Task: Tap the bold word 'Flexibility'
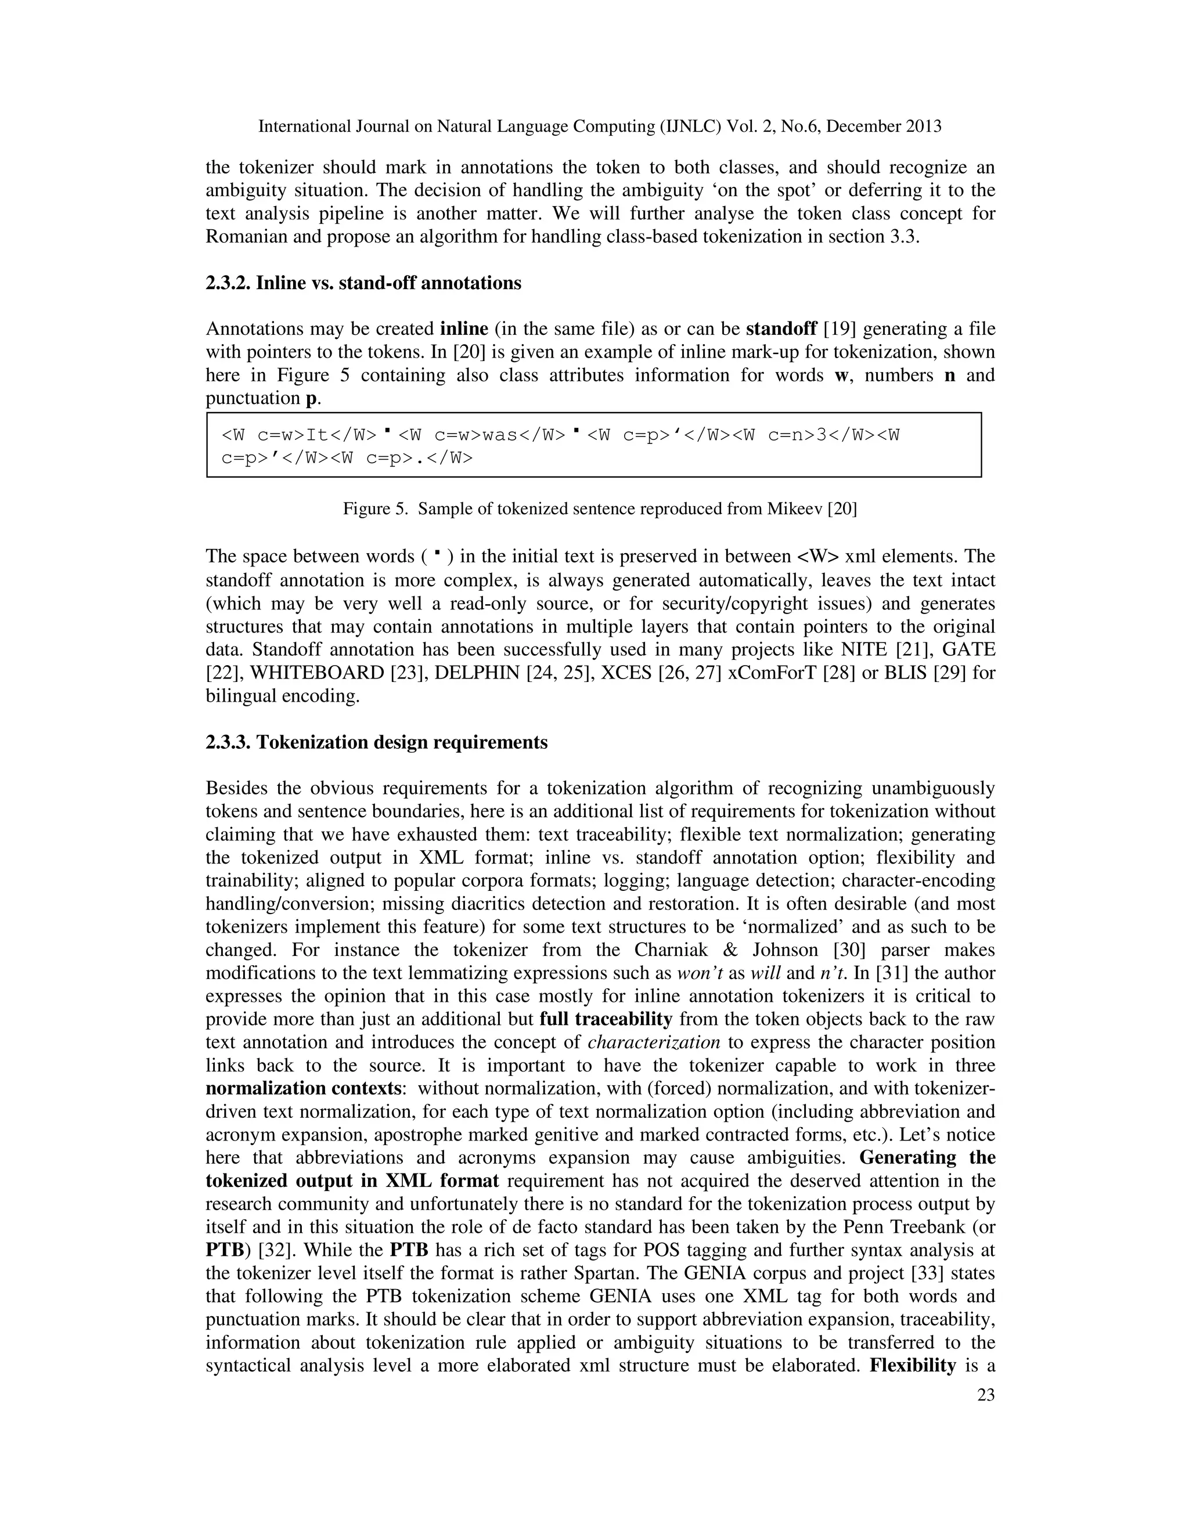click(912, 1366)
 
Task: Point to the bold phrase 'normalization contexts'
click(304, 1089)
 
